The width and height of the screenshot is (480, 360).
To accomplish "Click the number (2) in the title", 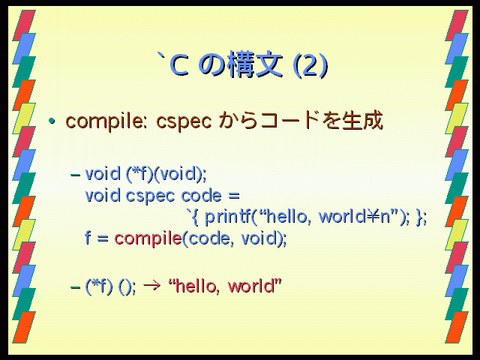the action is [310, 66].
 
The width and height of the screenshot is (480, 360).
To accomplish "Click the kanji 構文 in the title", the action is [255, 64].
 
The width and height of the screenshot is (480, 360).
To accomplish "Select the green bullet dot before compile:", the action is [52, 121].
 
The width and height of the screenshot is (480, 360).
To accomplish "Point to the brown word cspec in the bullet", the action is [184, 121].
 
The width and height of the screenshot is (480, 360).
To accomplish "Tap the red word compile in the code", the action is [148, 238].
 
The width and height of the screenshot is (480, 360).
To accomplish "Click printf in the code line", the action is [227, 217].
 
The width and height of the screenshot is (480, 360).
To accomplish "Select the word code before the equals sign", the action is [201, 196].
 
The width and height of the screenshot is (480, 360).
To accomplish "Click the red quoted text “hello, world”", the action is [225, 285].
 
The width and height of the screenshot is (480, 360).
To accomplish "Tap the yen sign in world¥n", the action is [373, 217].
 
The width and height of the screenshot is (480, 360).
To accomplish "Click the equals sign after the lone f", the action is [102, 238].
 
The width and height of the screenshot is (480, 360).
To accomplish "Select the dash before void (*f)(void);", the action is [75, 175].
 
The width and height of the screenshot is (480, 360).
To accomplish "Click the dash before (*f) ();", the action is [75, 287].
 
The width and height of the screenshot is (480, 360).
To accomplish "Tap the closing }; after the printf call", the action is [421, 217].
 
